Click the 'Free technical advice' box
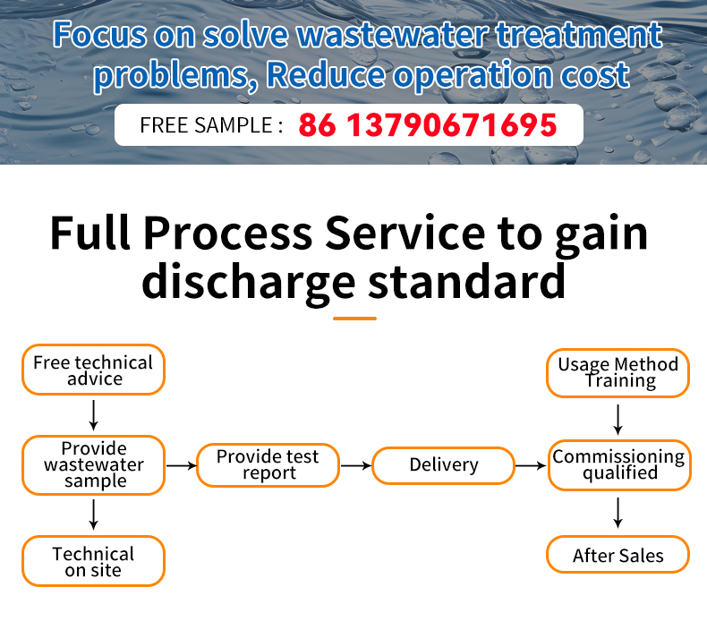(93, 370)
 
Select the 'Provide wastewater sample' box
(93, 465)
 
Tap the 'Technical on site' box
(93, 561)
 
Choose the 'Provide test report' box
(268, 465)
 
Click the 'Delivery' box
(443, 465)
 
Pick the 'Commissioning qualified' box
(619, 465)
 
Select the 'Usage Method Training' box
(618, 373)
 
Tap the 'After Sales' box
(618, 554)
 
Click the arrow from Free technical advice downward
(93, 415)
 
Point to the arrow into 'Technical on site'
(93, 515)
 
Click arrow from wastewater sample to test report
(182, 465)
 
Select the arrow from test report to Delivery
(356, 465)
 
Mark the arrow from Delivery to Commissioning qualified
(531, 465)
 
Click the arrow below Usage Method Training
(618, 420)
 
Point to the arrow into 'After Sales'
(618, 513)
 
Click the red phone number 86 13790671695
(428, 125)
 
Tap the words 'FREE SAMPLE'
(206, 125)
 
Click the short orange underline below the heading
(354, 319)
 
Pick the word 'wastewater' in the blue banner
(392, 35)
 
